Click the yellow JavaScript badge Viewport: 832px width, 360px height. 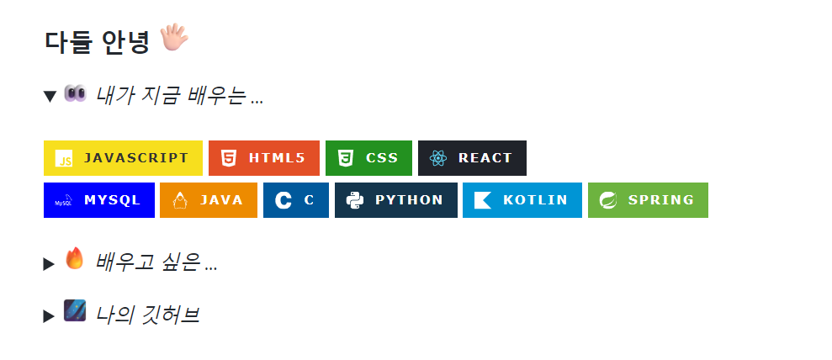tap(123, 158)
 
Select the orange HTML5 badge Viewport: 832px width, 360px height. tap(263, 158)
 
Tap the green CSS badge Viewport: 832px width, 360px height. tap(368, 158)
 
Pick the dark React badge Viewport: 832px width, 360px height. tap(472, 158)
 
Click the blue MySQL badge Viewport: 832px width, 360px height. tap(98, 200)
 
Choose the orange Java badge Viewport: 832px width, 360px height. tap(208, 200)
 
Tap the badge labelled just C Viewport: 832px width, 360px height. tap(296, 200)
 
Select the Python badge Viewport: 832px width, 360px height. tap(395, 200)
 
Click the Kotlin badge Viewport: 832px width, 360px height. tap(522, 200)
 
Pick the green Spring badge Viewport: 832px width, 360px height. tap(648, 200)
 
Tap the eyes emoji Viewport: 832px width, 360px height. tap(75, 94)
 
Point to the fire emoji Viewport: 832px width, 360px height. tap(75, 259)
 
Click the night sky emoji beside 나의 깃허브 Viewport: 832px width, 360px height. tap(75, 311)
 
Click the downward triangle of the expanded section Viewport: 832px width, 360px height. tap(50, 97)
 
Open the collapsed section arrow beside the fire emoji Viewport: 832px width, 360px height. tap(49, 264)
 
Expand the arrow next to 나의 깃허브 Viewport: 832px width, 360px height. tap(49, 316)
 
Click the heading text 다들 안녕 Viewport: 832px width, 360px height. tap(97, 40)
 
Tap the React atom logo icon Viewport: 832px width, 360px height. tap(437, 158)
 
